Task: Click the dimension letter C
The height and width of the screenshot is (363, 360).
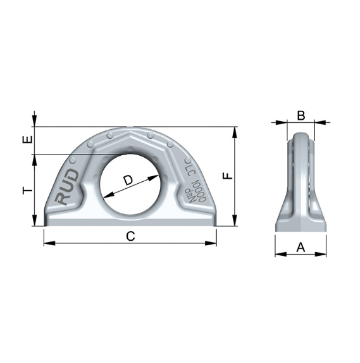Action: pos(130,236)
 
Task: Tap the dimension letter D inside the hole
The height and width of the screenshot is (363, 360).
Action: pos(128,181)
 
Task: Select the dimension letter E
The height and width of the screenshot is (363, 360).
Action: pos(27,139)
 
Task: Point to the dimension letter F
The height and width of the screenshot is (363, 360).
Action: pos(227,176)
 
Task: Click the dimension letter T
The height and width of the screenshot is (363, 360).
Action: pos(28,191)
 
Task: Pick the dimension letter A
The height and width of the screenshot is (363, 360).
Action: pos(301,247)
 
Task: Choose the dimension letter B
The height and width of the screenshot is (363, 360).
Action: pos(301,115)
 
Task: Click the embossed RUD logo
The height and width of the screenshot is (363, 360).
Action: pos(67,187)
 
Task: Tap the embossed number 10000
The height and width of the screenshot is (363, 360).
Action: pos(198,191)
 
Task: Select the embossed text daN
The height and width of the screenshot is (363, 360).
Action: pos(189,194)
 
